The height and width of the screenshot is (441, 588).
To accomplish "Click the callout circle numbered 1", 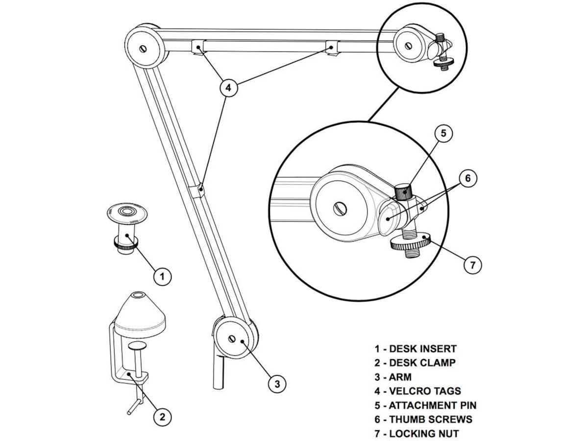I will (x=163, y=276).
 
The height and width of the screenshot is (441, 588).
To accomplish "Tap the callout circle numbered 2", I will (x=163, y=417).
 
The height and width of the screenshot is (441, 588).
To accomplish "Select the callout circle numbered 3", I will (x=277, y=384).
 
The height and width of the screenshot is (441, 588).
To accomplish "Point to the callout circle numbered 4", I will (x=227, y=88).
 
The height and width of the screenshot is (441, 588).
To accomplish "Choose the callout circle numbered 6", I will (x=467, y=178).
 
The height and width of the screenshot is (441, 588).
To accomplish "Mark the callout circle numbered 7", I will (x=472, y=265).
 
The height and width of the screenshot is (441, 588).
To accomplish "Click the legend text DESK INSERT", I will (x=422, y=349).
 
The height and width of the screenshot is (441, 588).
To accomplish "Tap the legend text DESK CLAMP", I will (x=422, y=363).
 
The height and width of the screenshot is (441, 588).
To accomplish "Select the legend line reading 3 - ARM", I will (x=393, y=377).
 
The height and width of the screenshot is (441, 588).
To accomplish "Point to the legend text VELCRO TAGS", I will (x=425, y=391).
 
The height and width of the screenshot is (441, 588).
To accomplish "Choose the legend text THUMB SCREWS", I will (x=430, y=419).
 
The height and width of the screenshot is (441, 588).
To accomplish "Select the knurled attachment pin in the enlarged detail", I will (x=404, y=190).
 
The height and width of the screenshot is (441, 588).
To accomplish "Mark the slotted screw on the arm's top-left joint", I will (x=143, y=49).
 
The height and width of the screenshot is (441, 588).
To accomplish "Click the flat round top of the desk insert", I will (x=127, y=213).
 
